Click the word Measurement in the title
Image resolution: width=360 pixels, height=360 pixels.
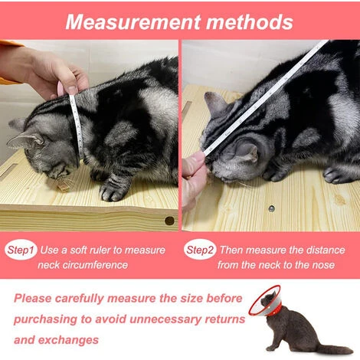click(x=133, y=22)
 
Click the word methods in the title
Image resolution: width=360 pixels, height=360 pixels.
click(x=250, y=22)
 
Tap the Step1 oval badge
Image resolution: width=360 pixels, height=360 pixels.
click(x=21, y=250)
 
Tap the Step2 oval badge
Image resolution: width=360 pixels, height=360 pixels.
click(x=200, y=250)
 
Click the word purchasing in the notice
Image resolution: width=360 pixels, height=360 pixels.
click(x=45, y=319)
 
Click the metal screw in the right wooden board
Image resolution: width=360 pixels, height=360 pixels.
click(x=272, y=208)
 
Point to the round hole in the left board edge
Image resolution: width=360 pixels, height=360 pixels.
click(x=169, y=221)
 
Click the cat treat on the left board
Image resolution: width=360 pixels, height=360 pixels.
click(x=64, y=186)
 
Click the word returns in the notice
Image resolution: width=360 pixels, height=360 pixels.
click(x=224, y=319)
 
